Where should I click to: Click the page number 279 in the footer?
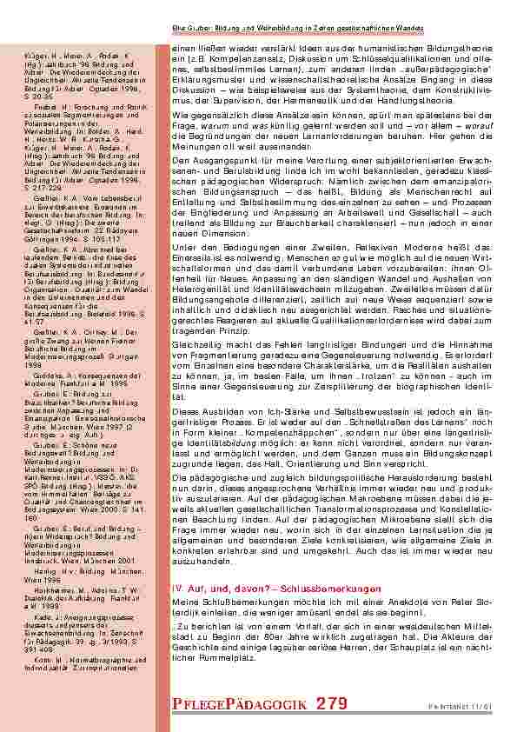tap(329, 702)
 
